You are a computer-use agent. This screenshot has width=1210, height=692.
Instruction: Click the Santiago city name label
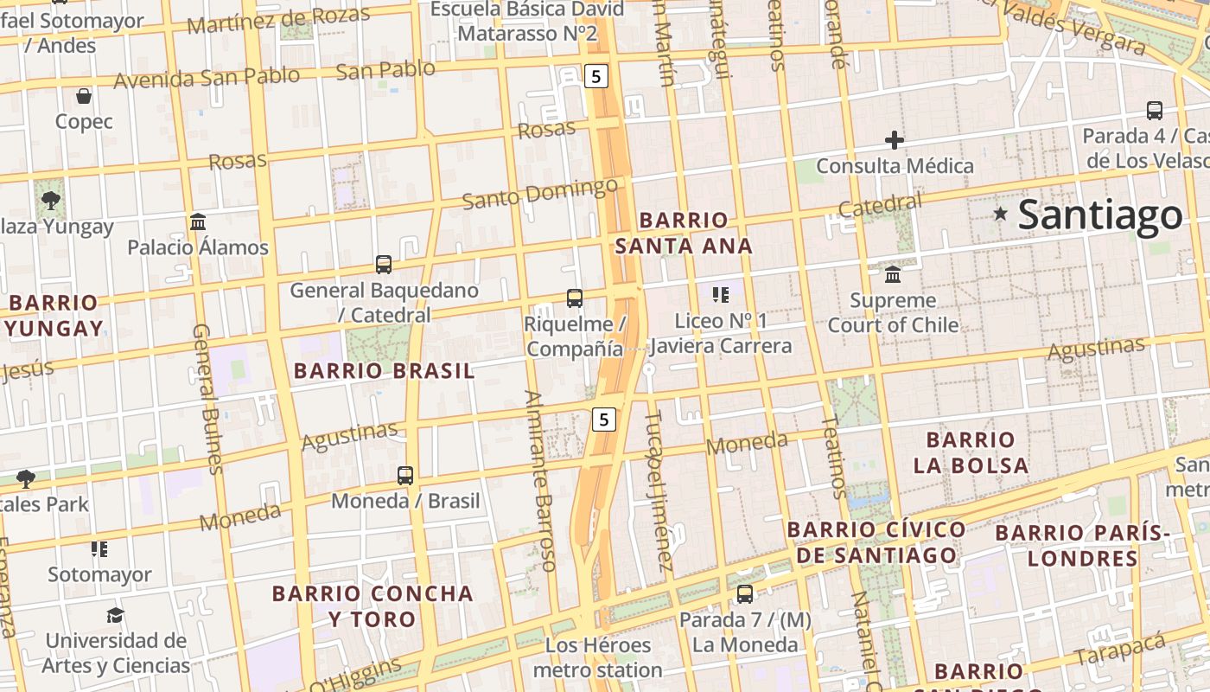(1099, 215)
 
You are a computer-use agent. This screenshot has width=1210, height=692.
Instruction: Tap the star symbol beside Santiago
(1001, 213)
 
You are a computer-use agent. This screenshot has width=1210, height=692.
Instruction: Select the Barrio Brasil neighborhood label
(384, 371)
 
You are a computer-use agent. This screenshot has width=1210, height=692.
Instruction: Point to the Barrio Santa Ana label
(684, 233)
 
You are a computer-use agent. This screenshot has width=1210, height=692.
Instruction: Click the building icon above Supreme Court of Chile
(893, 275)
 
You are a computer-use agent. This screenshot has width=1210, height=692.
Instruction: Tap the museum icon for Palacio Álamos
(198, 222)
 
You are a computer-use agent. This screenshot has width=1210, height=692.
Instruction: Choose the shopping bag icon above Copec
(84, 96)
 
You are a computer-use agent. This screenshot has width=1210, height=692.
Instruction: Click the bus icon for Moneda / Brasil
(405, 475)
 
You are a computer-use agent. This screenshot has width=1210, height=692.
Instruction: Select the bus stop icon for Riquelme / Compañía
(575, 298)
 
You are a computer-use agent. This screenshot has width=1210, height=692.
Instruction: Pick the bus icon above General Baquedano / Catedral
(384, 265)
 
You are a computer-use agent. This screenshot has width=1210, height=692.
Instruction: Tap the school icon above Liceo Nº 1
(721, 295)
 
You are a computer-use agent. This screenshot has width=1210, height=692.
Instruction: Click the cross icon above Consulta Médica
(895, 140)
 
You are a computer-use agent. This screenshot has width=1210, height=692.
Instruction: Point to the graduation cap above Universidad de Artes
(115, 615)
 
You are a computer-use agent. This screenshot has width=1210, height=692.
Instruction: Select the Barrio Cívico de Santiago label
(876, 541)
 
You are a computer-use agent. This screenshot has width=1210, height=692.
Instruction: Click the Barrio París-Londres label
(1082, 545)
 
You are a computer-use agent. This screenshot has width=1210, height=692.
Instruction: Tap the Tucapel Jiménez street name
(658, 490)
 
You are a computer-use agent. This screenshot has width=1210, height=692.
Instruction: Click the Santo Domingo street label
(539, 193)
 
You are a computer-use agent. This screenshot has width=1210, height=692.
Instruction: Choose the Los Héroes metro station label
(597, 657)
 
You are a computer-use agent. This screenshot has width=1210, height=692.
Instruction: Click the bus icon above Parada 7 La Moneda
(744, 594)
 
